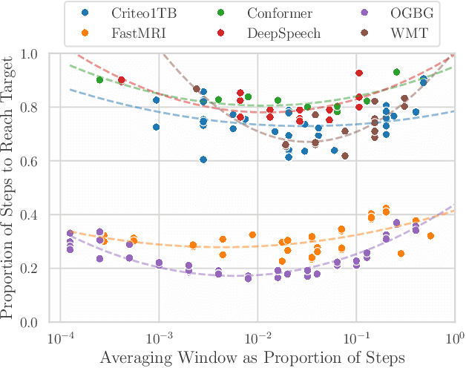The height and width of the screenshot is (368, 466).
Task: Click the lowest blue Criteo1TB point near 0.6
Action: (x=203, y=160)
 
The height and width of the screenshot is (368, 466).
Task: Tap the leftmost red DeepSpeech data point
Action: (x=122, y=80)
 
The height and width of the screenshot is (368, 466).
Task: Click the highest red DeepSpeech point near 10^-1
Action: (x=359, y=73)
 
